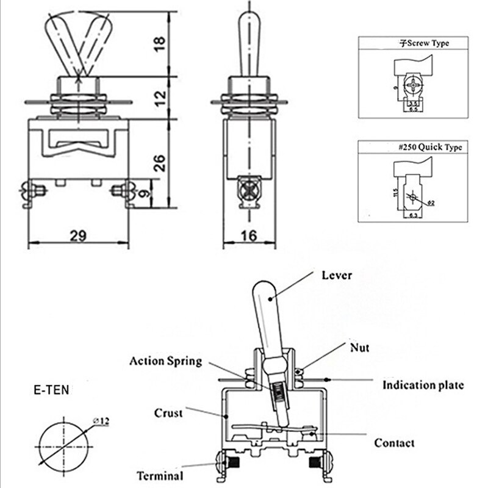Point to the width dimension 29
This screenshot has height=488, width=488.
[77, 235]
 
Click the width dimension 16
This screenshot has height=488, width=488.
[248, 235]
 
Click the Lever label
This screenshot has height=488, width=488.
[337, 275]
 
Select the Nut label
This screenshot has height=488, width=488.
[359, 348]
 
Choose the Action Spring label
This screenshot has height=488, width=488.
[165, 361]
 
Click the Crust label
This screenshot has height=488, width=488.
[168, 413]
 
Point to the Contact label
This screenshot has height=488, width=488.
[394, 443]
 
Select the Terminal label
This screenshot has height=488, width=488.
[159, 476]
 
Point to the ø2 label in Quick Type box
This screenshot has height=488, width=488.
[429, 203]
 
